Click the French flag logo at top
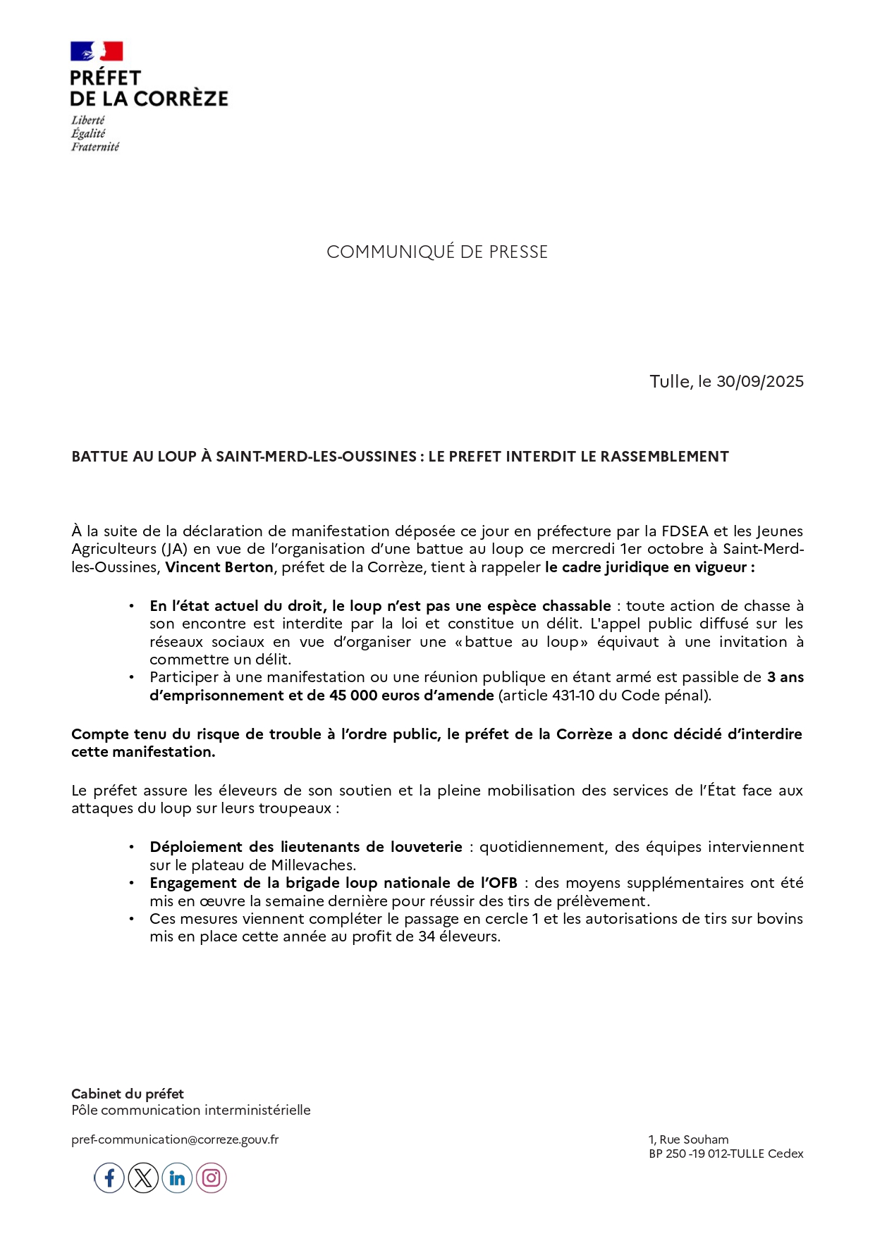pos(97,51)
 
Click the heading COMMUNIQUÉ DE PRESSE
pos(437,252)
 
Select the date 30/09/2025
pos(760,381)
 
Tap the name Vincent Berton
pos(219,567)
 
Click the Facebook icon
pos(109,1178)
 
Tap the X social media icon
pos(143,1178)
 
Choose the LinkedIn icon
pos(177,1178)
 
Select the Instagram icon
pos(211,1178)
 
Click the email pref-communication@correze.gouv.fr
pos(175,1139)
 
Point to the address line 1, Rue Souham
pos(689,1139)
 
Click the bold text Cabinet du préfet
pos(128,1094)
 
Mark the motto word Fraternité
pos(95,147)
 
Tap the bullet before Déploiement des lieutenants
pos(132,847)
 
